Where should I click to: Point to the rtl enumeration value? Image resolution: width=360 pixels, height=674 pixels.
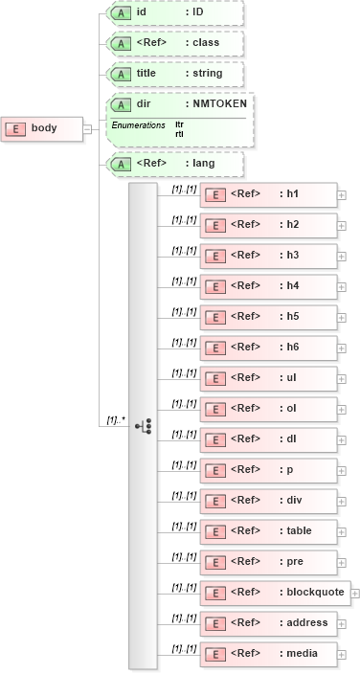pos(180,134)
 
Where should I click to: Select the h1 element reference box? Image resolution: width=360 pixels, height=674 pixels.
pos(268,195)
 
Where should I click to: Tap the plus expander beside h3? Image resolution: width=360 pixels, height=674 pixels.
pos(342,257)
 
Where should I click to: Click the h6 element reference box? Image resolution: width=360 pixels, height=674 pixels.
pos(268,348)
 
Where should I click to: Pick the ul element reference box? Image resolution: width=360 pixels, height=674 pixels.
pos(268,379)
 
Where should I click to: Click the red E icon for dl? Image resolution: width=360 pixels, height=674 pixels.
pos(215,439)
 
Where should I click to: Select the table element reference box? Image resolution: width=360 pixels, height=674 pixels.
pos(268,531)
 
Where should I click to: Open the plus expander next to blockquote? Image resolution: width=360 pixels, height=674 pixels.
pos(355,593)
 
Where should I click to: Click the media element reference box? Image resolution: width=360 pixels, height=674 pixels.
pos(268,654)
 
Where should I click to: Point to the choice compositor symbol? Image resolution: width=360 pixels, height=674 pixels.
pos(143,425)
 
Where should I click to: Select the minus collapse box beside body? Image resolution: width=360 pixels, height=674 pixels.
pos(87,129)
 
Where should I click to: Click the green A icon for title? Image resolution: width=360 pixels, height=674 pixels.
pos(121,74)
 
